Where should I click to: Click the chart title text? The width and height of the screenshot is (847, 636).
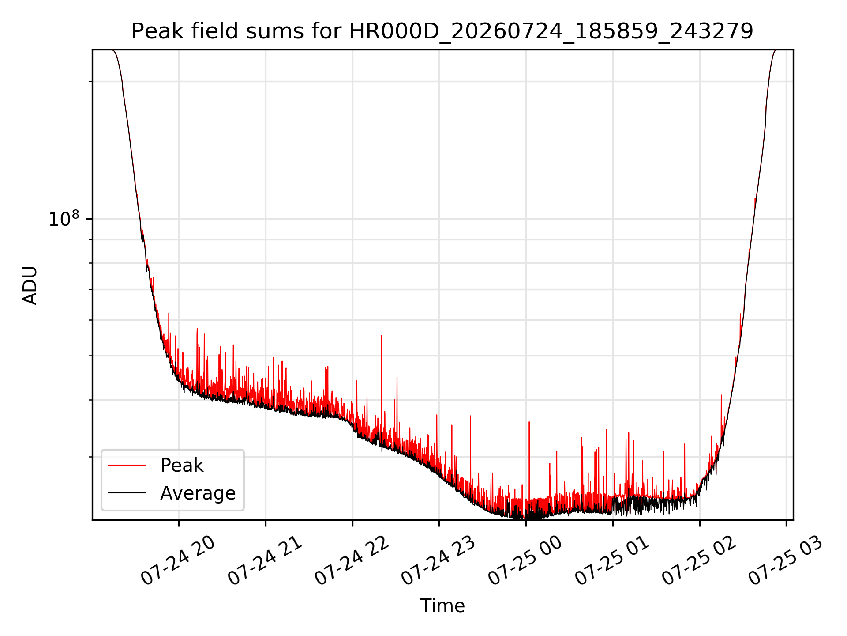point(442,31)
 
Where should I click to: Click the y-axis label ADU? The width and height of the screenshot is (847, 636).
point(30,285)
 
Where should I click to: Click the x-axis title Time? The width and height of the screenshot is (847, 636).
point(442,606)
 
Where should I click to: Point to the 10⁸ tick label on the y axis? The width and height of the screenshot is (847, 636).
point(64,219)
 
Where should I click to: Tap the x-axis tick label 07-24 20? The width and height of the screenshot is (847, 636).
point(177,561)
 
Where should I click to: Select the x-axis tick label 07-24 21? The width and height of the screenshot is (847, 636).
point(264,561)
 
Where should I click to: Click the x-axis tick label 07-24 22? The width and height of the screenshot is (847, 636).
point(351,561)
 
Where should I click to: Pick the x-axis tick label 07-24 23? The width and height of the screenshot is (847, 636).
point(438,561)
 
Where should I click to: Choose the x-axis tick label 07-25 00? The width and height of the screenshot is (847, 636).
point(525,561)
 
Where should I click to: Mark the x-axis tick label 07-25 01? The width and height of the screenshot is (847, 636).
point(611,561)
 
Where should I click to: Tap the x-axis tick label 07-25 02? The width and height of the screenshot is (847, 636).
point(698,561)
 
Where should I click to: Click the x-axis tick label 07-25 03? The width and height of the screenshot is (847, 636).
point(785,561)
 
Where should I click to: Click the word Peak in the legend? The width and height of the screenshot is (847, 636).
point(182,466)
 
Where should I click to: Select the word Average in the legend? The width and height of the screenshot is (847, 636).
point(198,493)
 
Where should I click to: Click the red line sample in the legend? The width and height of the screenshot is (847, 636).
point(127,465)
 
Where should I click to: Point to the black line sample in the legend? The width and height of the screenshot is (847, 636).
point(127,493)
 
